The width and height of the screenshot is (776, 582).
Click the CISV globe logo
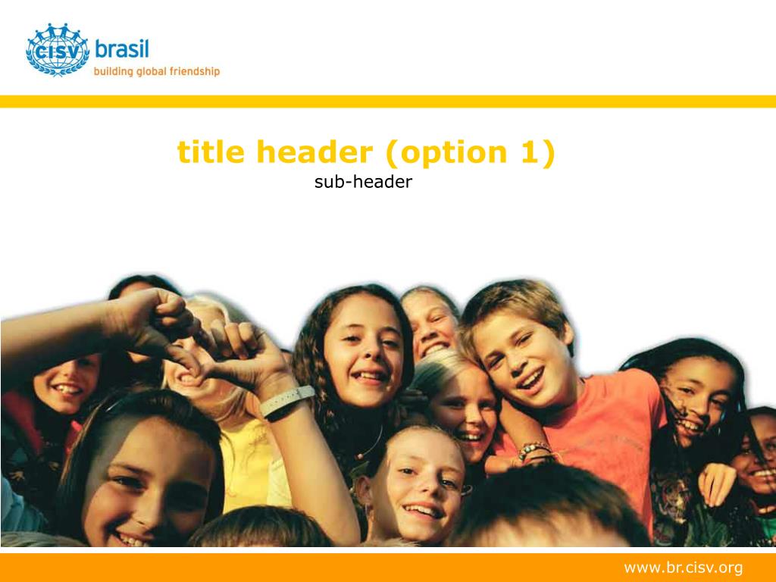(x=58, y=49)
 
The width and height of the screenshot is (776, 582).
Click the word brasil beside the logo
(x=122, y=49)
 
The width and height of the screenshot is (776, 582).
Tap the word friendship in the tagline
(x=195, y=71)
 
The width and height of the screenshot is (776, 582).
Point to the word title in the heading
(x=211, y=152)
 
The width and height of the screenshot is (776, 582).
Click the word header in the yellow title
(x=314, y=152)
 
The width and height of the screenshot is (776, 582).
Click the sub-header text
(x=363, y=182)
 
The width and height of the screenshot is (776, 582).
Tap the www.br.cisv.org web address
(x=683, y=567)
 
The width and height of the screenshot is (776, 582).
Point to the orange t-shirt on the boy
(x=604, y=430)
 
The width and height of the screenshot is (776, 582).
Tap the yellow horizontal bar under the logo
(x=388, y=102)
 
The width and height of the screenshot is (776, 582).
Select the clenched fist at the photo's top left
(x=158, y=317)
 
